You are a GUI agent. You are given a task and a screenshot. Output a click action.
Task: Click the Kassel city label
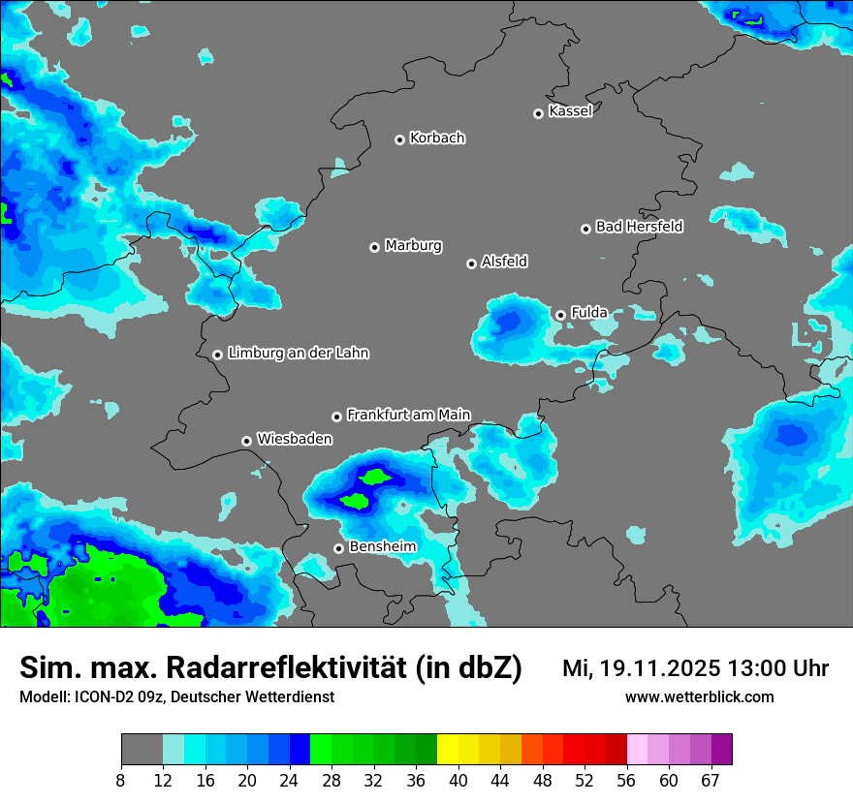pos(570,111)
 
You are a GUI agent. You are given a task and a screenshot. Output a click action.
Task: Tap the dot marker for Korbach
pos(399,139)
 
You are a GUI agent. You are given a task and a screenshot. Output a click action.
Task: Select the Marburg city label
pos(413,246)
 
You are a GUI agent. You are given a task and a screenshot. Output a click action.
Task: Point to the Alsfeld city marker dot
pos(471,263)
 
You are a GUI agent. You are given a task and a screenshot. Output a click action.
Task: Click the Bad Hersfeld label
pos(639,227)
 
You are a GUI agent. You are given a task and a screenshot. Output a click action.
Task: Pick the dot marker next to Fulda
pos(560,315)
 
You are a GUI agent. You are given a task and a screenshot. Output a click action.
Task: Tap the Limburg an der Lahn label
pos(298,354)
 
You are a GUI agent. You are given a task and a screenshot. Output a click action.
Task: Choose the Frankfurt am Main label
pos(408,416)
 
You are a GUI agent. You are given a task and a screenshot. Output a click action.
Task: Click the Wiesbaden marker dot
pos(247,441)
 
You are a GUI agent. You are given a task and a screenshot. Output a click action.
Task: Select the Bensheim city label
pos(382,547)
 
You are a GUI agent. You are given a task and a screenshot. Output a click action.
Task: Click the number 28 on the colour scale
pos(332,780)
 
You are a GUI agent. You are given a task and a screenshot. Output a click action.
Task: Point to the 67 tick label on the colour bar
pos(711,780)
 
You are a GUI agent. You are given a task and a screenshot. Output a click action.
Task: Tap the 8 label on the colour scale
pos(121,780)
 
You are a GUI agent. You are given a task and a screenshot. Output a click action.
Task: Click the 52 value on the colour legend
pos(584,780)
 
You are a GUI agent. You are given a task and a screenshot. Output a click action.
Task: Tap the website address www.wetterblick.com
pos(699,697)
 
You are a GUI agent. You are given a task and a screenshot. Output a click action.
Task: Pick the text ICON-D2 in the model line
pos(101,697)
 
